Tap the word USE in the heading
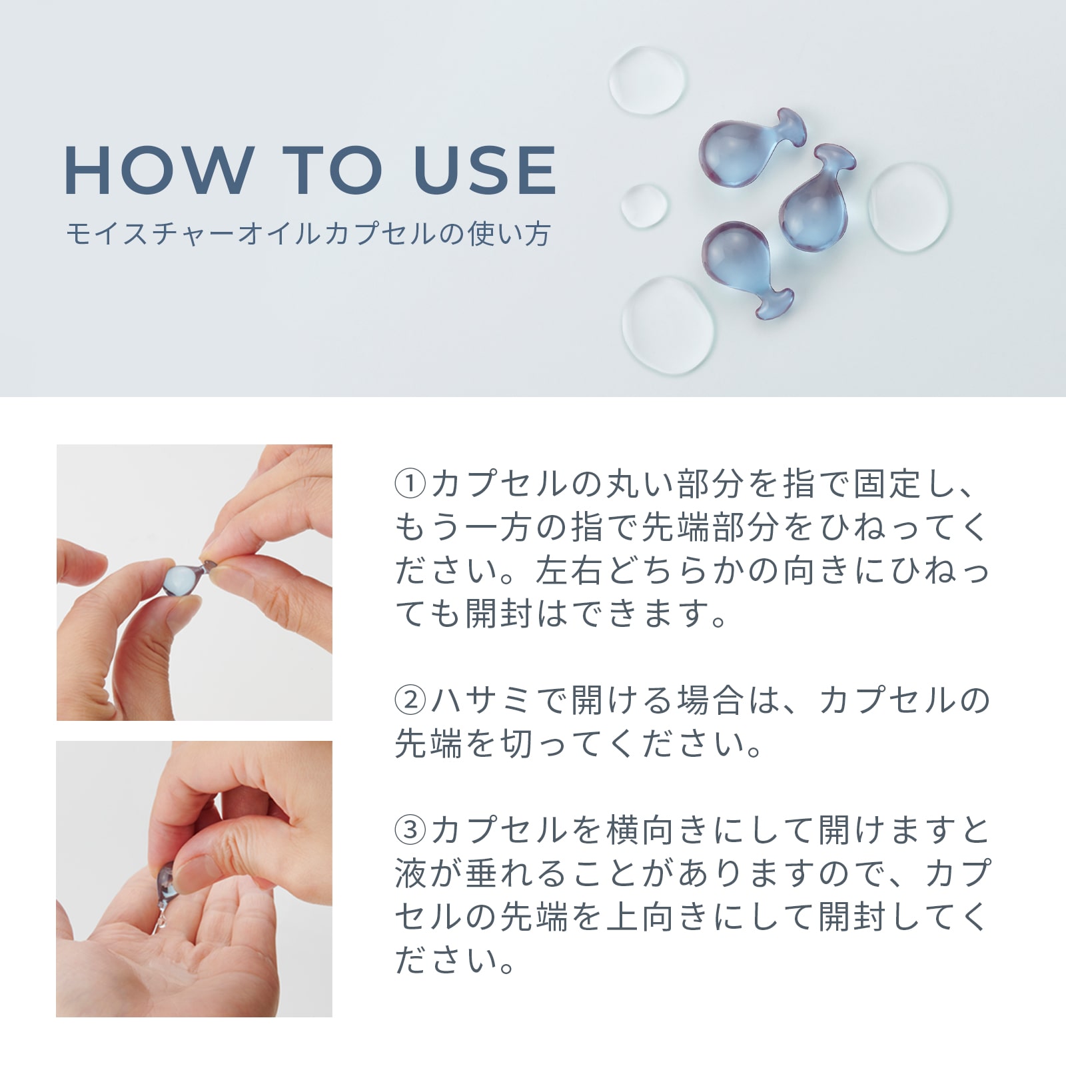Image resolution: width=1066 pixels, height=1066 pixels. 485,170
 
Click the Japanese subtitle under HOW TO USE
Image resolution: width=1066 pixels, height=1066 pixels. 308,235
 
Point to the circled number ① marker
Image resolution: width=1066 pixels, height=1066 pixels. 410,484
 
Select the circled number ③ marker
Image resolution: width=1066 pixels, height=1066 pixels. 410,830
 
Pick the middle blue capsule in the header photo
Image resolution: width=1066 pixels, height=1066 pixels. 814,197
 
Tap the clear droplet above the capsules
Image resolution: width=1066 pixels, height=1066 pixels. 647,80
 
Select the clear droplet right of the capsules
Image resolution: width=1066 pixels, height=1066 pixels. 908,207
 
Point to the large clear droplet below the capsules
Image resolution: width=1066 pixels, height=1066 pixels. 668,324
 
